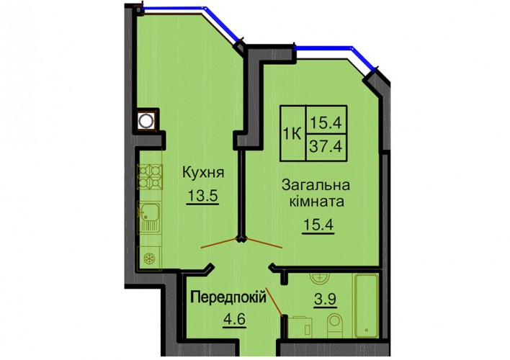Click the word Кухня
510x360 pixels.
pos(203,172)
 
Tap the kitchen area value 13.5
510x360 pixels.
pos(202,196)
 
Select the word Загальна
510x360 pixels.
pos(316,185)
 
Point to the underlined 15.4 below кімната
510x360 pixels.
pos(318,225)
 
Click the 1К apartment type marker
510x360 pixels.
pos(292,134)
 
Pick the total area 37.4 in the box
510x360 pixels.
pos(326,147)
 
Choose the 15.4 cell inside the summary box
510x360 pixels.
pos(326,122)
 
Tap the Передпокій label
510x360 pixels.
pos(228,297)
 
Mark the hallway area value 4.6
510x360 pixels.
pos(234,319)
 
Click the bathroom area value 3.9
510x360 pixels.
pos(326,299)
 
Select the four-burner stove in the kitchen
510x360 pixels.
pos(150,176)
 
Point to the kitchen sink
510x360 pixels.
pos(149,217)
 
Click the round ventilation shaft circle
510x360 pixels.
pos(145,121)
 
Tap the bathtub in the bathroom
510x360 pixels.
pos(366,306)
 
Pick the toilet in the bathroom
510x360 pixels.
pos(334,325)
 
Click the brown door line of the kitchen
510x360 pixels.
pos(219,243)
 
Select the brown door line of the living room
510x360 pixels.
pos(264,243)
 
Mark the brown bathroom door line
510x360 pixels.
pos(274,302)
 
